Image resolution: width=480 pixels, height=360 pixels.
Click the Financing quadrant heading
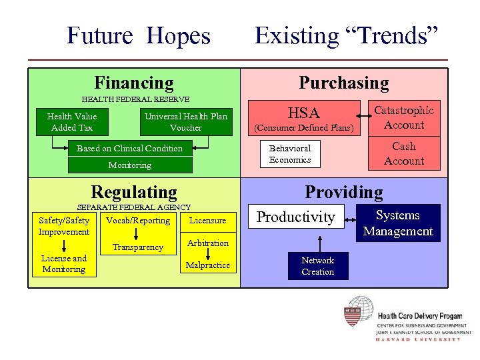(133, 83)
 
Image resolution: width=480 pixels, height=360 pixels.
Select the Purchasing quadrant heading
(343, 83)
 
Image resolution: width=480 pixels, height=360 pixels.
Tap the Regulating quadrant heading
(133, 192)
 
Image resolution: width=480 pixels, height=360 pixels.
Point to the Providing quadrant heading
(343, 192)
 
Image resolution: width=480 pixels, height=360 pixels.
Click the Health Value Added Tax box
(72, 122)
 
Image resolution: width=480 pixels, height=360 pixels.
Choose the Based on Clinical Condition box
(129, 149)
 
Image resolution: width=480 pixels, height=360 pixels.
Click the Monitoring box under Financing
(129, 165)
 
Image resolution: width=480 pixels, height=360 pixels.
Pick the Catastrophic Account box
(403, 118)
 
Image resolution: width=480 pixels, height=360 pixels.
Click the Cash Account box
(403, 154)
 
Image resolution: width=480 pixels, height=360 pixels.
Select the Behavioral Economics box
(290, 154)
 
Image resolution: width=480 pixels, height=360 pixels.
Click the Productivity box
(296, 217)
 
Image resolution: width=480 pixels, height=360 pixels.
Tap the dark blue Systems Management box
(397, 223)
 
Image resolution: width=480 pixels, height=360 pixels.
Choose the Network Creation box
(317, 266)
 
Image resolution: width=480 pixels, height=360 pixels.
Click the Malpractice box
(208, 265)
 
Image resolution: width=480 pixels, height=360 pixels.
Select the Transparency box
(137, 247)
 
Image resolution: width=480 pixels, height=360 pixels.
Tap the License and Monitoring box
(64, 264)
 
